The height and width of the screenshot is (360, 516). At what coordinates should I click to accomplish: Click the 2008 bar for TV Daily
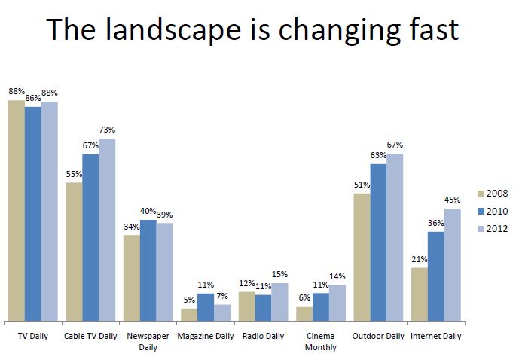coord(17,211)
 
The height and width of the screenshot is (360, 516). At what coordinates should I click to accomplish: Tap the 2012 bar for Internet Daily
coord(452,264)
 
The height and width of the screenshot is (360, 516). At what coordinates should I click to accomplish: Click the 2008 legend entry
coord(491,193)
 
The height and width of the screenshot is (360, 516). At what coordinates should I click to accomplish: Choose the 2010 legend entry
coord(491,211)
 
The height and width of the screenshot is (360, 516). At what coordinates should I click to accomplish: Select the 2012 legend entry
coord(491,229)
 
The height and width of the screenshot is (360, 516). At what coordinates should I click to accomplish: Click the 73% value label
coord(107,130)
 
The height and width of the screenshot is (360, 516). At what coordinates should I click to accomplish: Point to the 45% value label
coord(453,200)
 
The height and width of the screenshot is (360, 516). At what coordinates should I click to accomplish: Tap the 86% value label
coord(33,99)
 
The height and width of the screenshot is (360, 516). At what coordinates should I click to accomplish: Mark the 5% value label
coord(189,301)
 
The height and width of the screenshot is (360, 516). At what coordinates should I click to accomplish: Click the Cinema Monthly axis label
coord(320,341)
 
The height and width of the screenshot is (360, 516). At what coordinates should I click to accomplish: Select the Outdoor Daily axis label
coord(377,336)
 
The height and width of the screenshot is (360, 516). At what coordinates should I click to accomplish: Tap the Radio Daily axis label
coord(263,336)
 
